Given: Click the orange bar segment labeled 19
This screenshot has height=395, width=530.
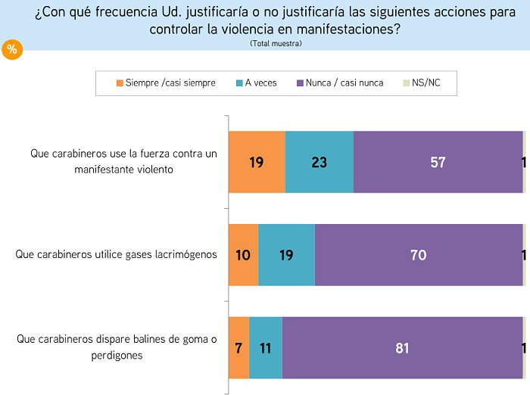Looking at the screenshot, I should point(257,162).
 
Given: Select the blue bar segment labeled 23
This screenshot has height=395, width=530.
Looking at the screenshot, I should point(320,162).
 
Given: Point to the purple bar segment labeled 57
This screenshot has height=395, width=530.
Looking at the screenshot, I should point(438,162).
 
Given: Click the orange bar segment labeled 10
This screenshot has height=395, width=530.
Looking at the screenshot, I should point(243,255).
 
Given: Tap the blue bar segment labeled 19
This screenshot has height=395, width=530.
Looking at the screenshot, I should point(286,255).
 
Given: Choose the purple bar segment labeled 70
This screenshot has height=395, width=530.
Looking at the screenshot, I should point(418,255).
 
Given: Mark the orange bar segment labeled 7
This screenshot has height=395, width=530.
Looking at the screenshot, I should point(238,348).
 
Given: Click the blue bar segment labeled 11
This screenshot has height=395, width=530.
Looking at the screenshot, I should point(265,348).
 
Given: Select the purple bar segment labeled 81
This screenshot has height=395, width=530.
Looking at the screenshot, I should point(402,348).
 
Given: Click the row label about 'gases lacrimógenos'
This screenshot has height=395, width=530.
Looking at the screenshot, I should point(116,254).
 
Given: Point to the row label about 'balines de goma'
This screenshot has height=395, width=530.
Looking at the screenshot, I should point(117,347).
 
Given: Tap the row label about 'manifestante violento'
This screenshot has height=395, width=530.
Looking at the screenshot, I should point(124,161).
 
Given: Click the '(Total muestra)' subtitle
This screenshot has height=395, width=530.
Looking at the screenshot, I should point(276,43).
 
